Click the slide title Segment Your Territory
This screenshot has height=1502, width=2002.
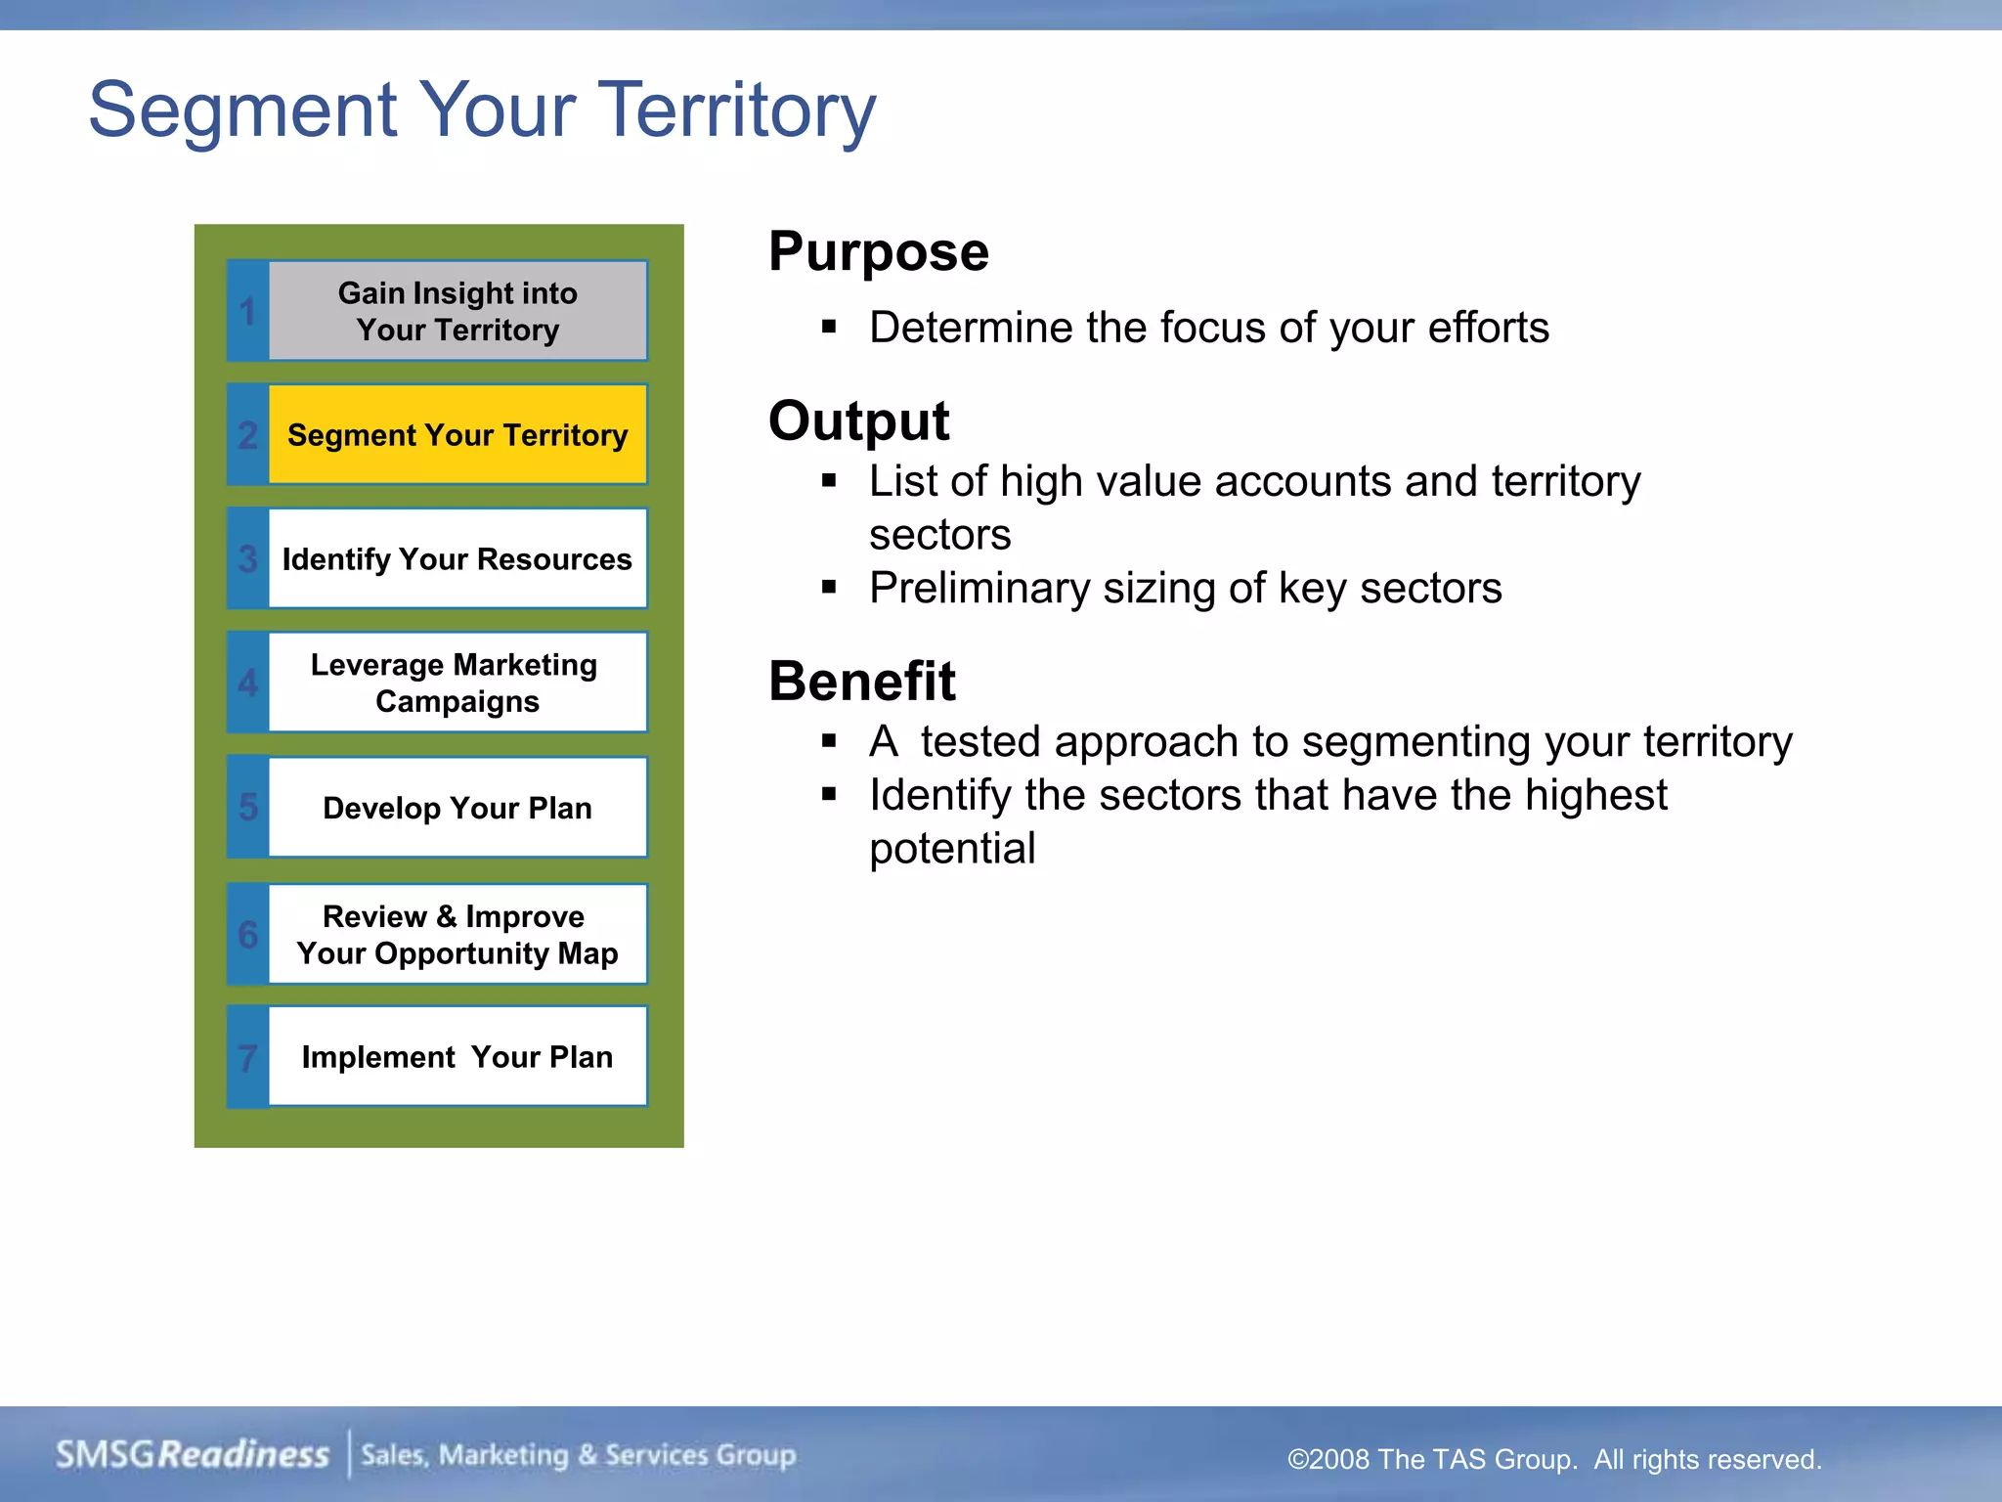(482, 110)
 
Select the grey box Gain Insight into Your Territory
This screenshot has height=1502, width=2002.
(457, 311)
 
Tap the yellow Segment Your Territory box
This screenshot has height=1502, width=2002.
(457, 435)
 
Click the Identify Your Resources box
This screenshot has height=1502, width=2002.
(457, 559)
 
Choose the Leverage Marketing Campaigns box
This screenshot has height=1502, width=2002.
(457, 683)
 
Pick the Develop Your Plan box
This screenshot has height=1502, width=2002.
(457, 808)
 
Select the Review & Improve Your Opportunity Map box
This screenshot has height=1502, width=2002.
(457, 934)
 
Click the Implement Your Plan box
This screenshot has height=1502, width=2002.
(457, 1057)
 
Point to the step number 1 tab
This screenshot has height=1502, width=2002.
(247, 312)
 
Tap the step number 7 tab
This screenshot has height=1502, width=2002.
(247, 1058)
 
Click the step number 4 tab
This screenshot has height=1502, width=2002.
(247, 683)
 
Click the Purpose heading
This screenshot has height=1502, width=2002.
(878, 252)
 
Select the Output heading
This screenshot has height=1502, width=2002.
(858, 421)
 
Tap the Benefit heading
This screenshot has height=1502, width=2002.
(861, 682)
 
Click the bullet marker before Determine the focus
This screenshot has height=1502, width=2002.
(829, 328)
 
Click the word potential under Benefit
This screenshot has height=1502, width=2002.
(952, 849)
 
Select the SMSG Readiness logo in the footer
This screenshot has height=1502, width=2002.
(193, 1455)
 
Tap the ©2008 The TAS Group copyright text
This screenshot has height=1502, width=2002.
(1553, 1459)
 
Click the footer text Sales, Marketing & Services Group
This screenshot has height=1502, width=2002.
(579, 1455)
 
